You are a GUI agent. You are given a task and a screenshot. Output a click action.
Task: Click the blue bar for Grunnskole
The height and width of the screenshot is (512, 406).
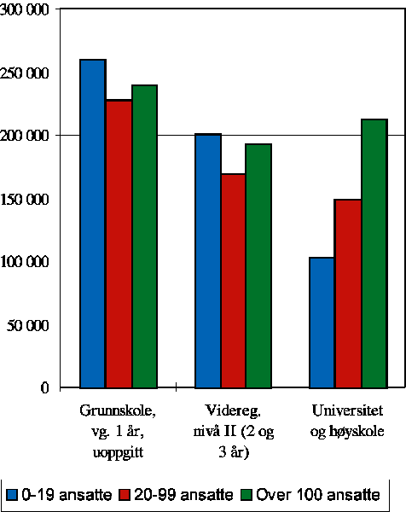tap(93, 224)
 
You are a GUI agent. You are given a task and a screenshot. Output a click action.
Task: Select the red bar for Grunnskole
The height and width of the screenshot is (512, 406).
tap(119, 244)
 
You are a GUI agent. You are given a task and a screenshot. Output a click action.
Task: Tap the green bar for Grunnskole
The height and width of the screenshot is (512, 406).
tap(144, 236)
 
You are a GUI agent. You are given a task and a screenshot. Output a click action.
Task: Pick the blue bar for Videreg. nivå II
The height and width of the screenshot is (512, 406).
tap(208, 260)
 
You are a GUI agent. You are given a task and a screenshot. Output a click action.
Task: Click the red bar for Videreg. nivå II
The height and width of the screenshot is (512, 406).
tap(234, 281)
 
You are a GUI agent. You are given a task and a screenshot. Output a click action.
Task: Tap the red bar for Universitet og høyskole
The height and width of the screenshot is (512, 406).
tap(348, 294)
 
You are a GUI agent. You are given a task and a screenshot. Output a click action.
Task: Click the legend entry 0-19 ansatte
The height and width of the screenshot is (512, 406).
tap(57, 494)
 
